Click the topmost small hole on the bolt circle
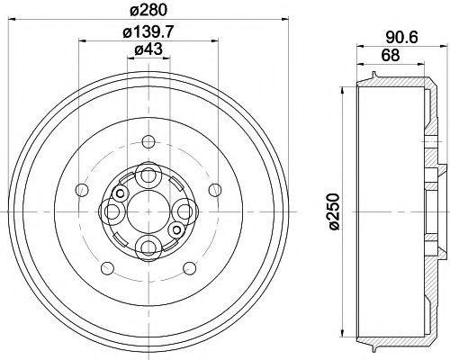pyautogui.click(x=148, y=141)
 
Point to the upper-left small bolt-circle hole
pyautogui.click(x=83, y=189)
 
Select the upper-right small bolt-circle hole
pyautogui.click(x=215, y=189)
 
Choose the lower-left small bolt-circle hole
pyautogui.click(x=108, y=267)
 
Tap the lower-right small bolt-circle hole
pyautogui.click(x=190, y=267)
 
